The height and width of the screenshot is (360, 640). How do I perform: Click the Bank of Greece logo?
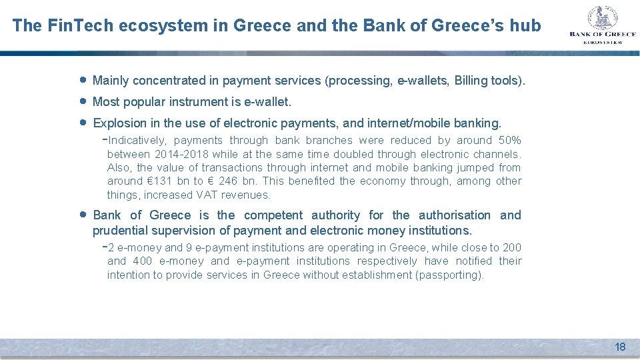[603, 25]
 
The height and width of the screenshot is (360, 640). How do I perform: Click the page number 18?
[620, 347]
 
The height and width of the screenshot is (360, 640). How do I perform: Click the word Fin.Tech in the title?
[71, 25]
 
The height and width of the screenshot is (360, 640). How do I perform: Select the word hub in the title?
[527, 25]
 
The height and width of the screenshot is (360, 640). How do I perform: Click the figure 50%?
[509, 141]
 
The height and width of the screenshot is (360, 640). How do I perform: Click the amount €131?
[159, 181]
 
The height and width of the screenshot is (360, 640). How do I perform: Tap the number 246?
[228, 181]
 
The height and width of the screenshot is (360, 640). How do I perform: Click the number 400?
[143, 261]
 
